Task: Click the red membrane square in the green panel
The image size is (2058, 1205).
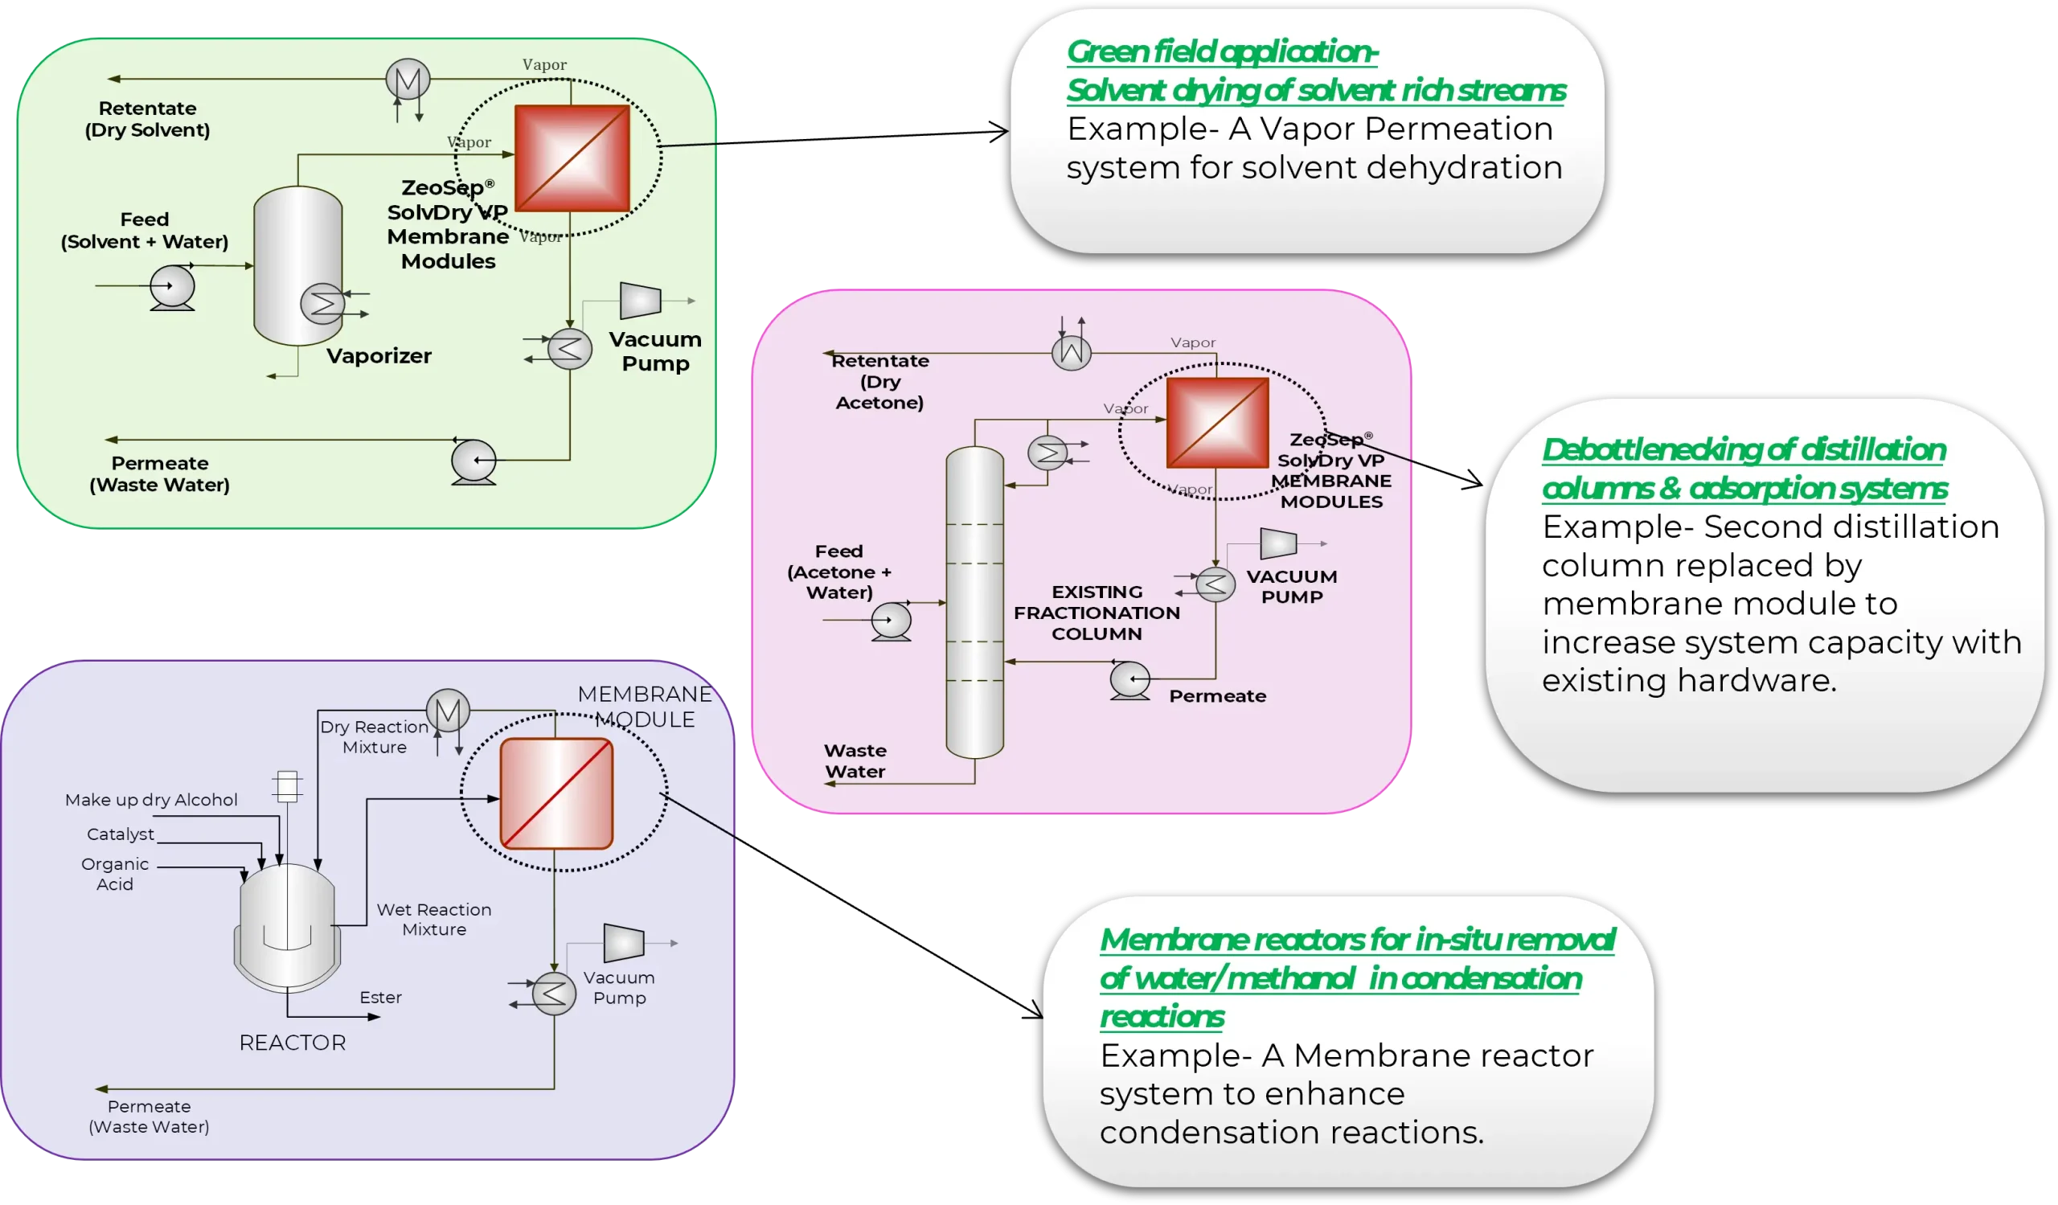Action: [x=572, y=158]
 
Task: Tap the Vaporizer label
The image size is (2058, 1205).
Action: [x=379, y=356]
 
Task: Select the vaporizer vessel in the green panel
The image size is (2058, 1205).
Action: [x=297, y=245]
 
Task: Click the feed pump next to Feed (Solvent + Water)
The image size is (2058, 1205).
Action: [x=172, y=287]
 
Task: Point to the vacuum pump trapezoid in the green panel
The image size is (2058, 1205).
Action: [x=639, y=301]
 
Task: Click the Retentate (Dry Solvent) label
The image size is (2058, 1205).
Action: [x=148, y=119]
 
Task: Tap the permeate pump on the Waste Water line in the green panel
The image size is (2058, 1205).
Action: [x=474, y=461]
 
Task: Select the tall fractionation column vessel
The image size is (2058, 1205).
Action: [x=974, y=605]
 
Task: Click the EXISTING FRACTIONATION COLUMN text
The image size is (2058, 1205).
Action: [x=1097, y=613]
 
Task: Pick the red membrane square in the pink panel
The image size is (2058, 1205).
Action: [x=1217, y=423]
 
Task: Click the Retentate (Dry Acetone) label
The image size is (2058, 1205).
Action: [x=879, y=381]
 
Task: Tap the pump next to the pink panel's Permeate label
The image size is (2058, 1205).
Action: [x=1130, y=678]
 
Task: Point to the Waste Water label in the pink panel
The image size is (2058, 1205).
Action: [x=855, y=760]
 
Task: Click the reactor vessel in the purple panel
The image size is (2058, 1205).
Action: [x=288, y=927]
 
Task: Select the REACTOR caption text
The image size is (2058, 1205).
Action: [x=293, y=1043]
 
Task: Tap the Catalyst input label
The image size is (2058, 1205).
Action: [x=120, y=834]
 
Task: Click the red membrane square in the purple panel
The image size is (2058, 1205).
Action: [x=556, y=793]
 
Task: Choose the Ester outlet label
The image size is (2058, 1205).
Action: [x=380, y=997]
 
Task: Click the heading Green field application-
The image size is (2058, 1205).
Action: [x=1222, y=52]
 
